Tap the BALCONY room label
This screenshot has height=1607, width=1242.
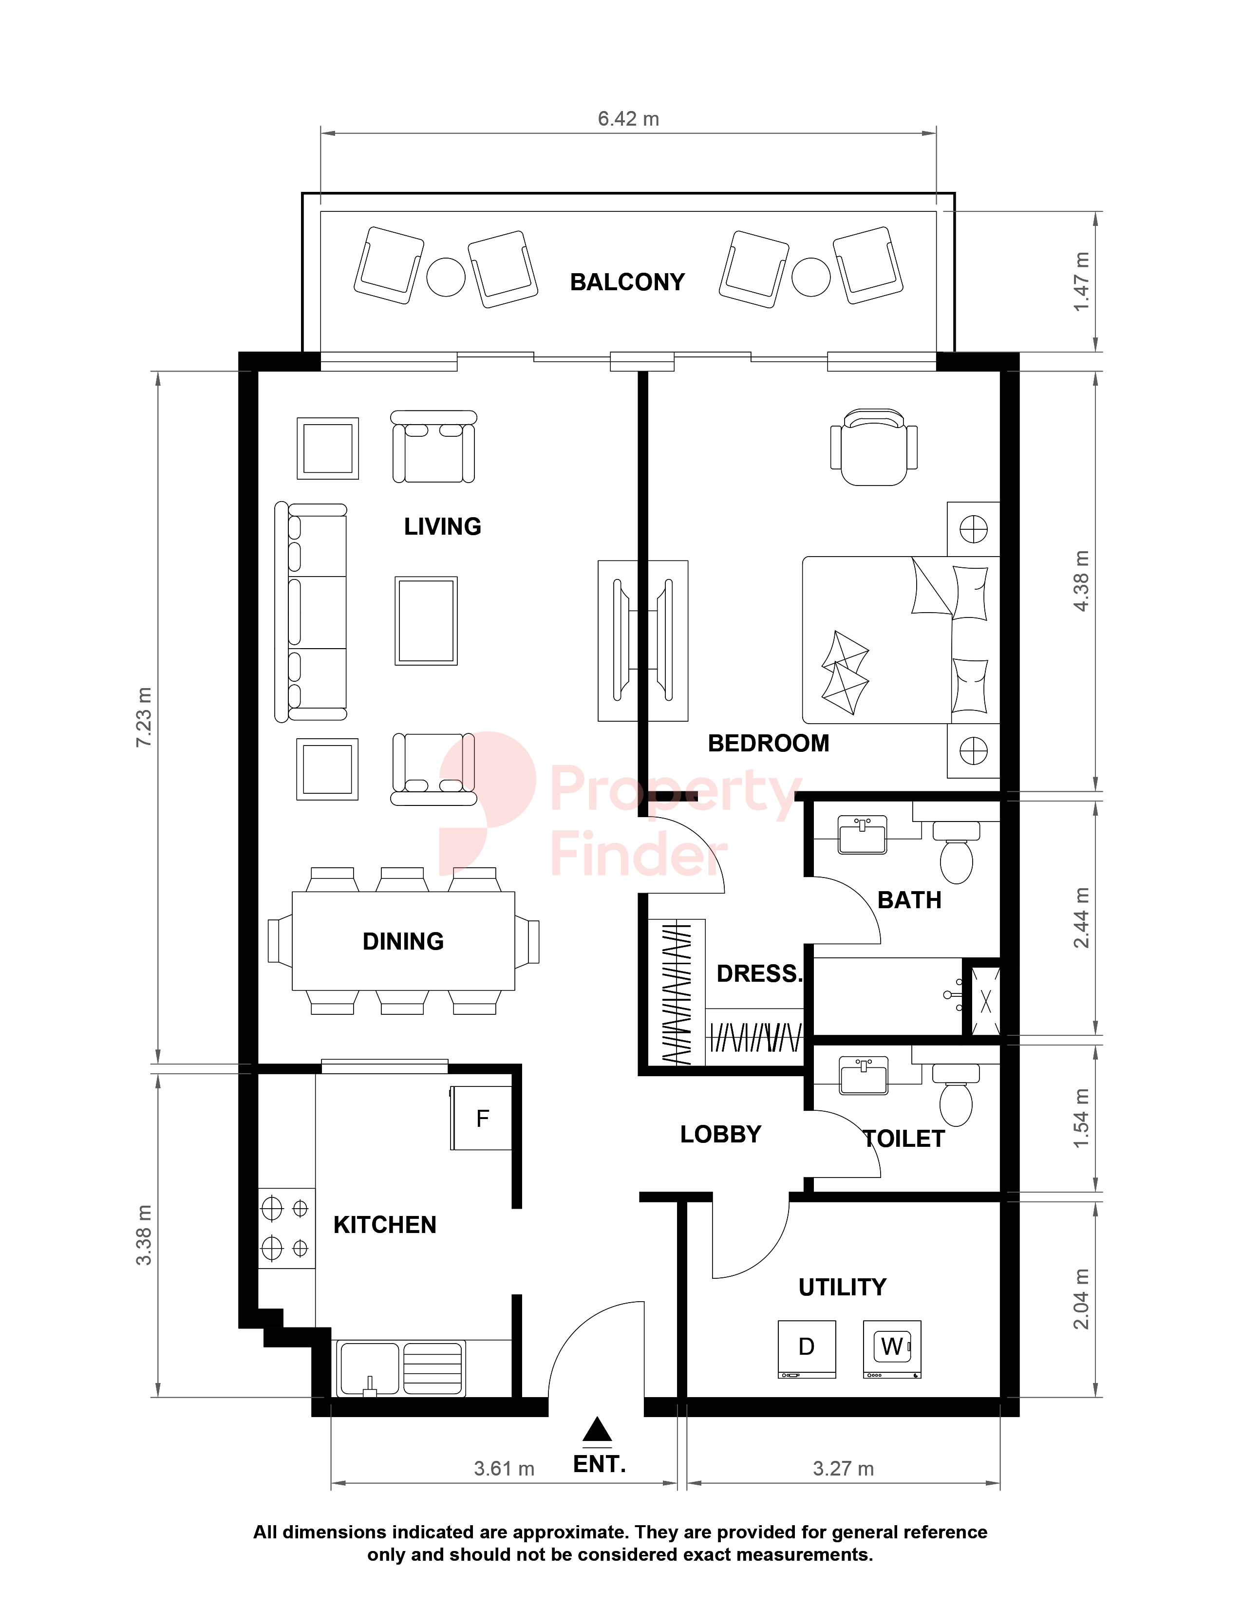coord(628,282)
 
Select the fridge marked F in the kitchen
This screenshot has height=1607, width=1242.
coord(481,1118)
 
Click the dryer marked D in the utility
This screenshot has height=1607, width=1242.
coord(807,1349)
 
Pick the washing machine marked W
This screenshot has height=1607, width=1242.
coord(892,1349)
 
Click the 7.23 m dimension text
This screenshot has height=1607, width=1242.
coord(144,717)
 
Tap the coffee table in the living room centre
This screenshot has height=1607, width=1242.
coord(426,620)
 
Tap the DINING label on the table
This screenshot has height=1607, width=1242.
coord(403,941)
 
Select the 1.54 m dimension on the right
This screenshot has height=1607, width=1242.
coord(1081,1119)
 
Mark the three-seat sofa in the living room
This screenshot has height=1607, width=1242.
coord(311,612)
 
